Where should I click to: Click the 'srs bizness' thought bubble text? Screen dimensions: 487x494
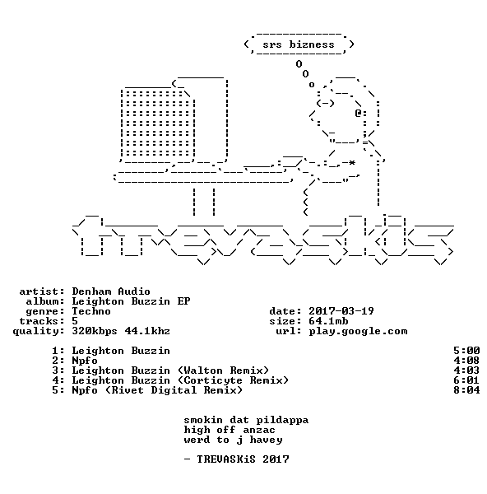(x=299, y=44)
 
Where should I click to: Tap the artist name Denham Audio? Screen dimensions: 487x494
(x=111, y=291)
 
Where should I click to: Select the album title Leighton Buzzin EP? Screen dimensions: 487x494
(x=131, y=301)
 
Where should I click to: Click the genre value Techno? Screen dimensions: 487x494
(x=91, y=311)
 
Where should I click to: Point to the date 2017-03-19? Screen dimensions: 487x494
(x=341, y=311)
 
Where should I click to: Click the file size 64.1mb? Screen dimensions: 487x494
(x=328, y=321)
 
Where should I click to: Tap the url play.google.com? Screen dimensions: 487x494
(x=358, y=332)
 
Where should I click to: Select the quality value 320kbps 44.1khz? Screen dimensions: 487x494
(x=121, y=331)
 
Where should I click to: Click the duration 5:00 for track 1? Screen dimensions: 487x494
(x=466, y=351)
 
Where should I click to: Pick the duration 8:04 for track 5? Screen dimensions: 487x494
(x=466, y=390)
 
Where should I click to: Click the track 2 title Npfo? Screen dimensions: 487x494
(x=85, y=361)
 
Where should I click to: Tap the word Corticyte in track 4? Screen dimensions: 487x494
(x=213, y=380)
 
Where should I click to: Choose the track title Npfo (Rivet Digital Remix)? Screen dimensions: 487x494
(x=157, y=390)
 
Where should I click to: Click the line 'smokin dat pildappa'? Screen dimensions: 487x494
(x=246, y=420)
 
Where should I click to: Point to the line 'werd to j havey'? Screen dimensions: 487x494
(x=234, y=440)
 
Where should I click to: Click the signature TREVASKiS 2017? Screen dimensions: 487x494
(x=243, y=459)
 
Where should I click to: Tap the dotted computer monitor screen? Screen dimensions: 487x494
(x=157, y=123)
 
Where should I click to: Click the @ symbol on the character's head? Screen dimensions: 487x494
(x=358, y=113)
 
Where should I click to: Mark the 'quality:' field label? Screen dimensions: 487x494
(x=39, y=332)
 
